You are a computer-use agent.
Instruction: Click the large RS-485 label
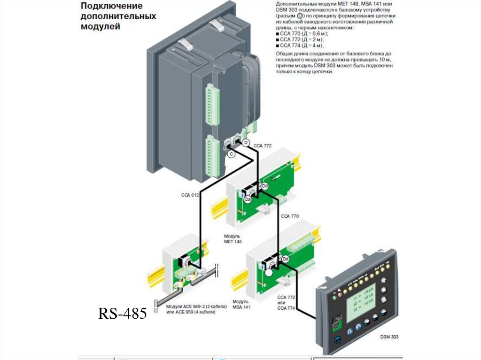point(122,314)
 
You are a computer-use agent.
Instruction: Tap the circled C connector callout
point(231,154)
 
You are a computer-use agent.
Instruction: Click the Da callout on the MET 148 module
point(248,199)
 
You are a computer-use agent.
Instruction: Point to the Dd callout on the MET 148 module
point(265,186)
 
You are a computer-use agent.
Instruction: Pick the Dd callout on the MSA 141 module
point(285,259)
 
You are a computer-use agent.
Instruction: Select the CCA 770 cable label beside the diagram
point(289,216)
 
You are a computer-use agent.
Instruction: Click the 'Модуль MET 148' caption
point(233,238)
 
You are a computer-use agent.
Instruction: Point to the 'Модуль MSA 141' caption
point(241,305)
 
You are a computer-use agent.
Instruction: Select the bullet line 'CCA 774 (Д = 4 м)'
point(301,46)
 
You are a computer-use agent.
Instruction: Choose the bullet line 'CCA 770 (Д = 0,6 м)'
point(303,34)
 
